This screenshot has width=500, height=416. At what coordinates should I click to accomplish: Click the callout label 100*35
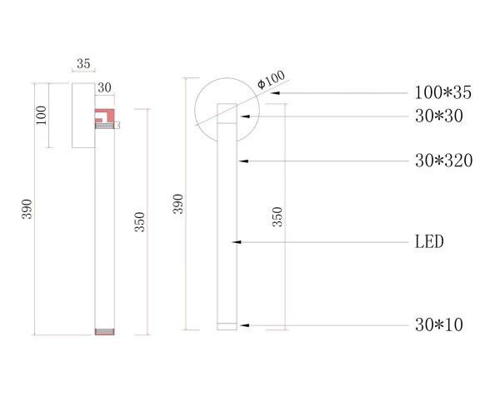(x=442, y=93)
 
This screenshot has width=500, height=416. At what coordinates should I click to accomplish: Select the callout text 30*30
(x=438, y=117)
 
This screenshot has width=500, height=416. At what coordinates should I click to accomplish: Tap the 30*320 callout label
(x=443, y=161)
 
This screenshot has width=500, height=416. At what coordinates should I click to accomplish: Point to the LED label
(x=429, y=242)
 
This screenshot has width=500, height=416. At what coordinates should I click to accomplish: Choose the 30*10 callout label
(x=438, y=324)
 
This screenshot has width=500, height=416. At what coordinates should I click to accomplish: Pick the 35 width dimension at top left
(x=83, y=64)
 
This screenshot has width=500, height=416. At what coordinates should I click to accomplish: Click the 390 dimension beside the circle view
(x=177, y=206)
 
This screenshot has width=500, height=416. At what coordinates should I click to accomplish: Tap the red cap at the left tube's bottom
(x=103, y=332)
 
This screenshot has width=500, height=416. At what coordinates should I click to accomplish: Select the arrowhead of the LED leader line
(x=237, y=242)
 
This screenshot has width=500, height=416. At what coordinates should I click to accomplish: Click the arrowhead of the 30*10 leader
(x=239, y=324)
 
